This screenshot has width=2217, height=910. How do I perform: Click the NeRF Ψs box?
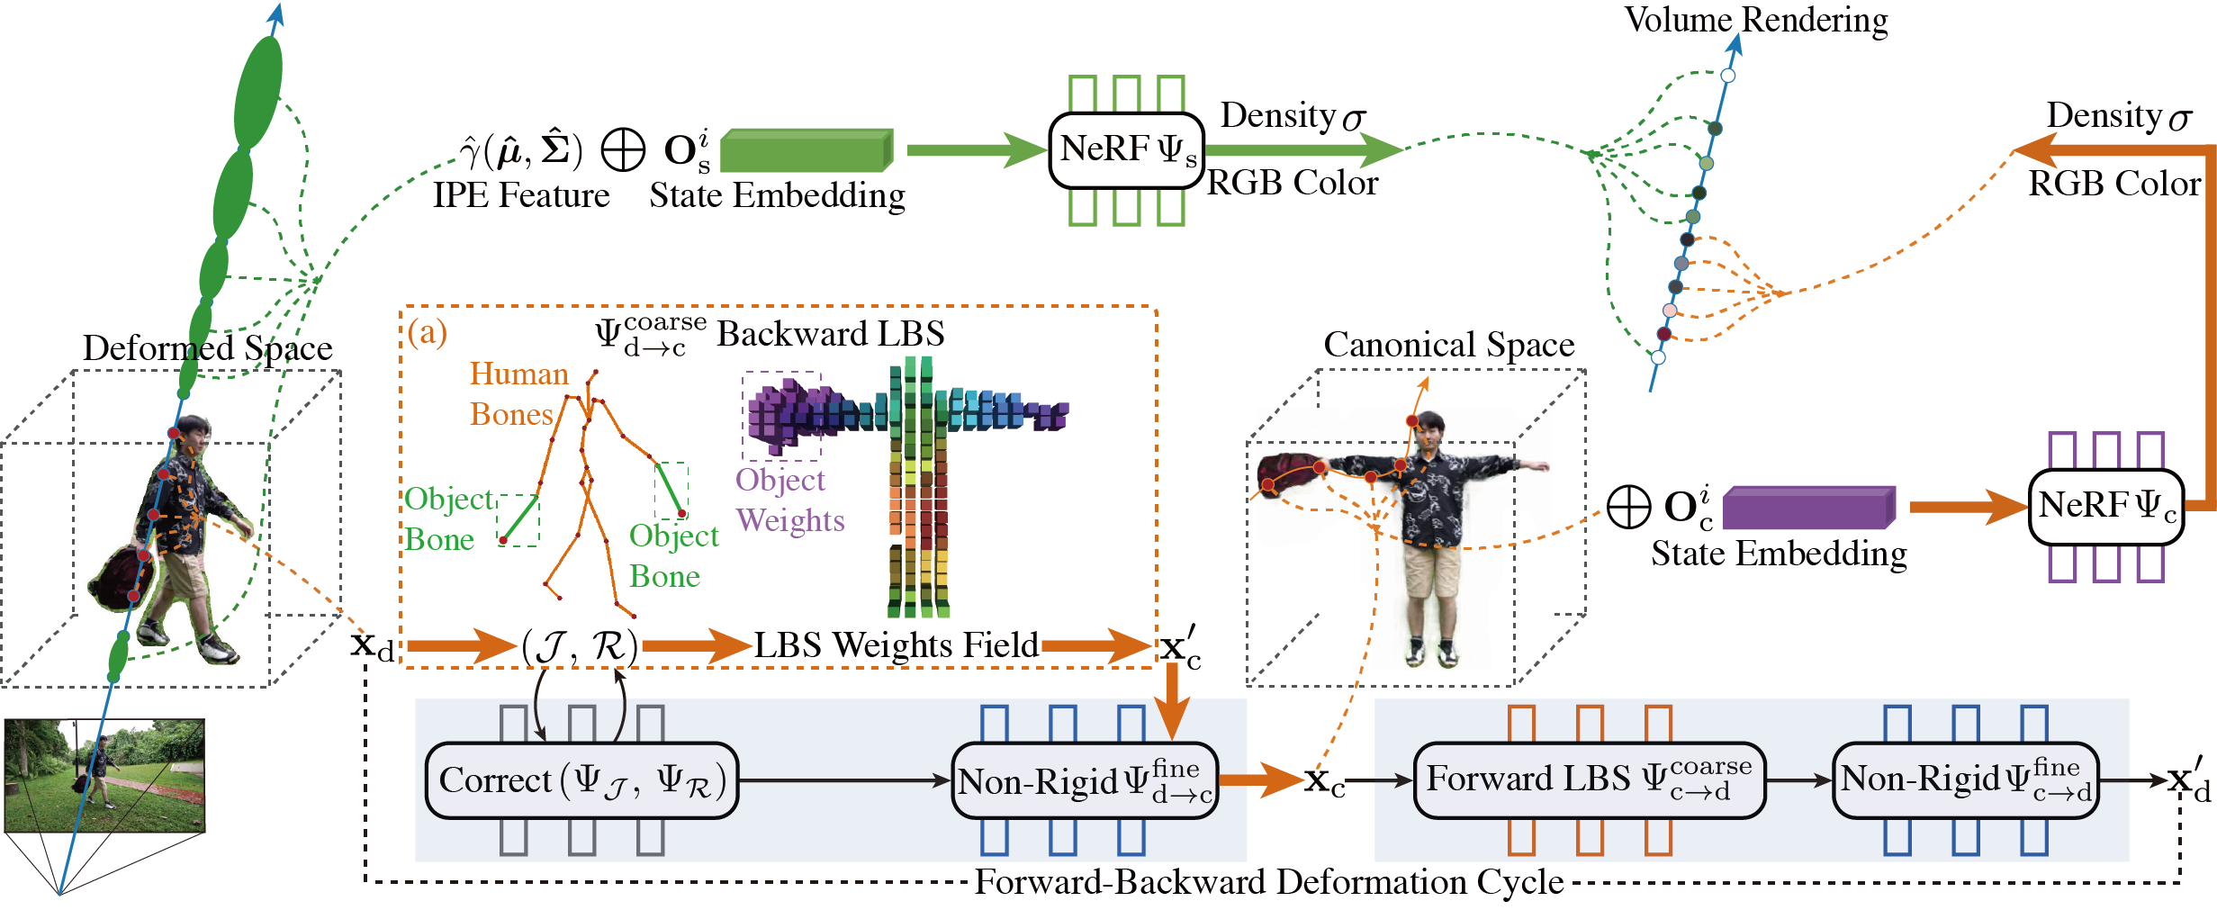tap(1126, 150)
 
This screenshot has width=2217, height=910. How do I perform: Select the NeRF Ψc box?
tap(2105, 507)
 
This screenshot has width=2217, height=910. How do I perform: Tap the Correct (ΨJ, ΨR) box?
tap(581, 780)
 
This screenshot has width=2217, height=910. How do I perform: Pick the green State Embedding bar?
tap(807, 150)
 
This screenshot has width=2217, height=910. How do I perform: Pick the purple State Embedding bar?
tap(1808, 509)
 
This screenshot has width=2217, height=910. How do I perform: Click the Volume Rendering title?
tap(1755, 20)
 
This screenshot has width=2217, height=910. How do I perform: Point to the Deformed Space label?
tap(207, 348)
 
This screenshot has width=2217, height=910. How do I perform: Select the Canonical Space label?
tap(1448, 345)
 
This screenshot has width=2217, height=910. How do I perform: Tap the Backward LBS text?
tap(830, 334)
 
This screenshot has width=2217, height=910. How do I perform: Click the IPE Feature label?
tap(520, 195)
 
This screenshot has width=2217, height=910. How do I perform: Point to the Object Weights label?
tap(789, 500)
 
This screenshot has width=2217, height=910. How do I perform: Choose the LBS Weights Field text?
tap(896, 645)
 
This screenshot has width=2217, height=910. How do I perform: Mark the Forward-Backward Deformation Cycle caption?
tap(1269, 882)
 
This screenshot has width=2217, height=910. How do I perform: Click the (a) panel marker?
tap(427, 332)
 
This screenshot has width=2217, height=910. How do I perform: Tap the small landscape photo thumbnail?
tap(104, 775)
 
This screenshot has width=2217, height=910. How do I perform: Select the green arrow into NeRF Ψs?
tap(976, 150)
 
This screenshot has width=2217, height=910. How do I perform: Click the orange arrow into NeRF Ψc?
tap(1967, 508)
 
